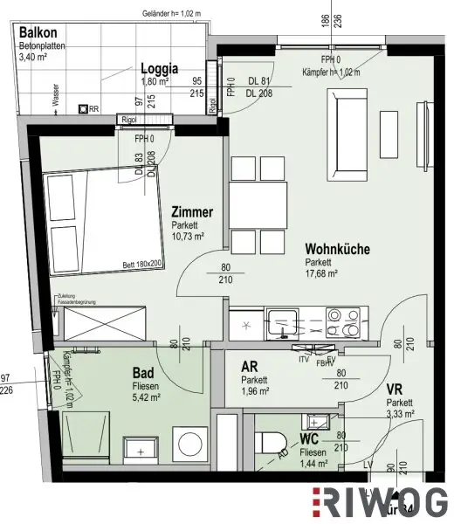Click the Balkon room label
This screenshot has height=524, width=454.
pyautogui.click(x=38, y=31)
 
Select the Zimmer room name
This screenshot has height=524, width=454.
pyautogui.click(x=192, y=212)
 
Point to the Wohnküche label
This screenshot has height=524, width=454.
pyautogui.click(x=337, y=249)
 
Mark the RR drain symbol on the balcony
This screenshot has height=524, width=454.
pyautogui.click(x=83, y=108)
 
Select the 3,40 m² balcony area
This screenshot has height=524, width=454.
pyautogui.click(x=36, y=59)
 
